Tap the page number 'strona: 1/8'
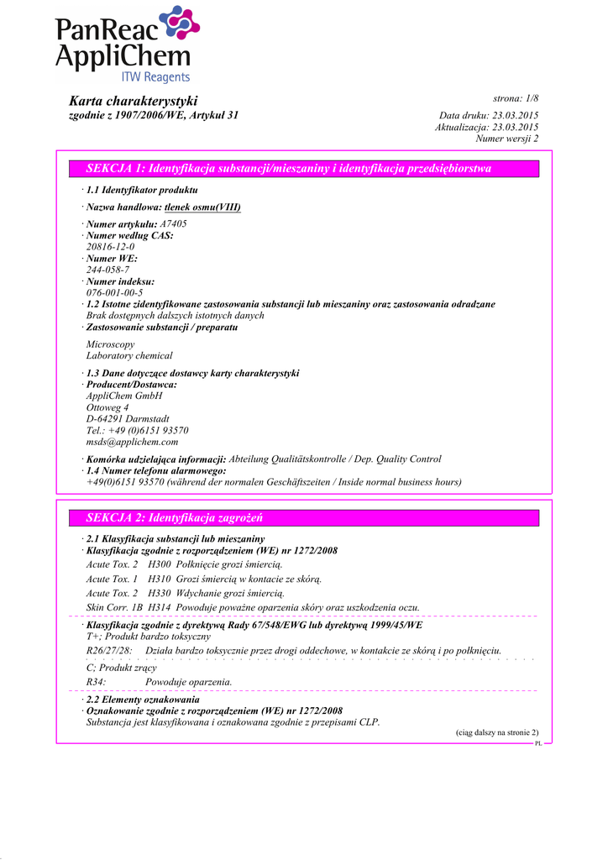515,99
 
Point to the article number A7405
173,224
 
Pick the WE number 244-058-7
107,270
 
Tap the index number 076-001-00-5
113,292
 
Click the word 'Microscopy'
110,344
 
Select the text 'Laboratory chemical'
129,356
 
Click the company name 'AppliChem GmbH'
124,396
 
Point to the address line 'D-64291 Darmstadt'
128,418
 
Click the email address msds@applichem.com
132,441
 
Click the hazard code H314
158,607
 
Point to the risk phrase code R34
96,681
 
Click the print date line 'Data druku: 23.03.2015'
489,115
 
